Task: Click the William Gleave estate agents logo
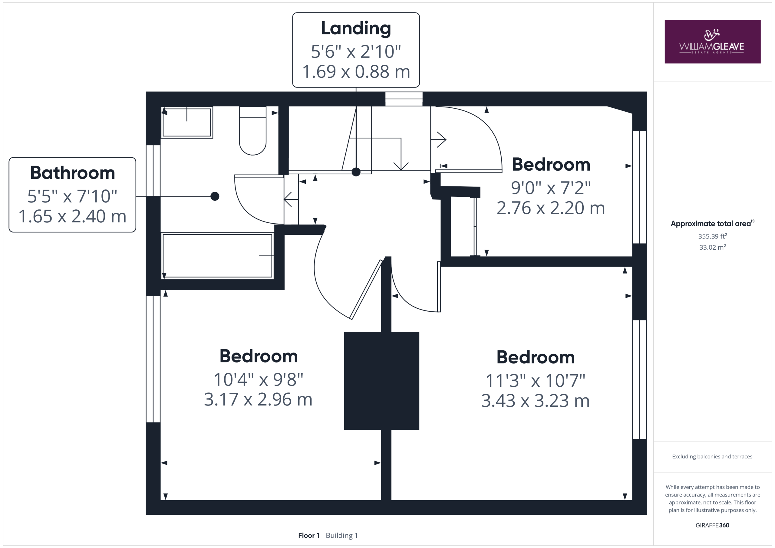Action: pos(712,41)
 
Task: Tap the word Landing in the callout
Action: pos(356,29)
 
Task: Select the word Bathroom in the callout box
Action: pos(73,173)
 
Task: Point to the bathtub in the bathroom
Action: pos(217,255)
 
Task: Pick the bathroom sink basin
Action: pos(187,122)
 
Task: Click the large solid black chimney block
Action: pos(381,381)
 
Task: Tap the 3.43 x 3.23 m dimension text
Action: pos(535,401)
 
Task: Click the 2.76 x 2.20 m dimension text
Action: pos(551,208)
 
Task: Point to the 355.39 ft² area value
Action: pos(713,236)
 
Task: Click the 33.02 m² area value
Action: pos(713,247)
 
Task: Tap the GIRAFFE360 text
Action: pos(712,525)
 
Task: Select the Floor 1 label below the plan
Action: pos(308,536)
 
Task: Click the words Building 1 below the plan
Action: pos(341,536)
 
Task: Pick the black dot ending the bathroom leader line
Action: pos(215,196)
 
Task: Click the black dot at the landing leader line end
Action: pos(356,172)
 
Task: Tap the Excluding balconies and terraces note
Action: pos(712,457)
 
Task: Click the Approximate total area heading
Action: pos(712,223)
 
